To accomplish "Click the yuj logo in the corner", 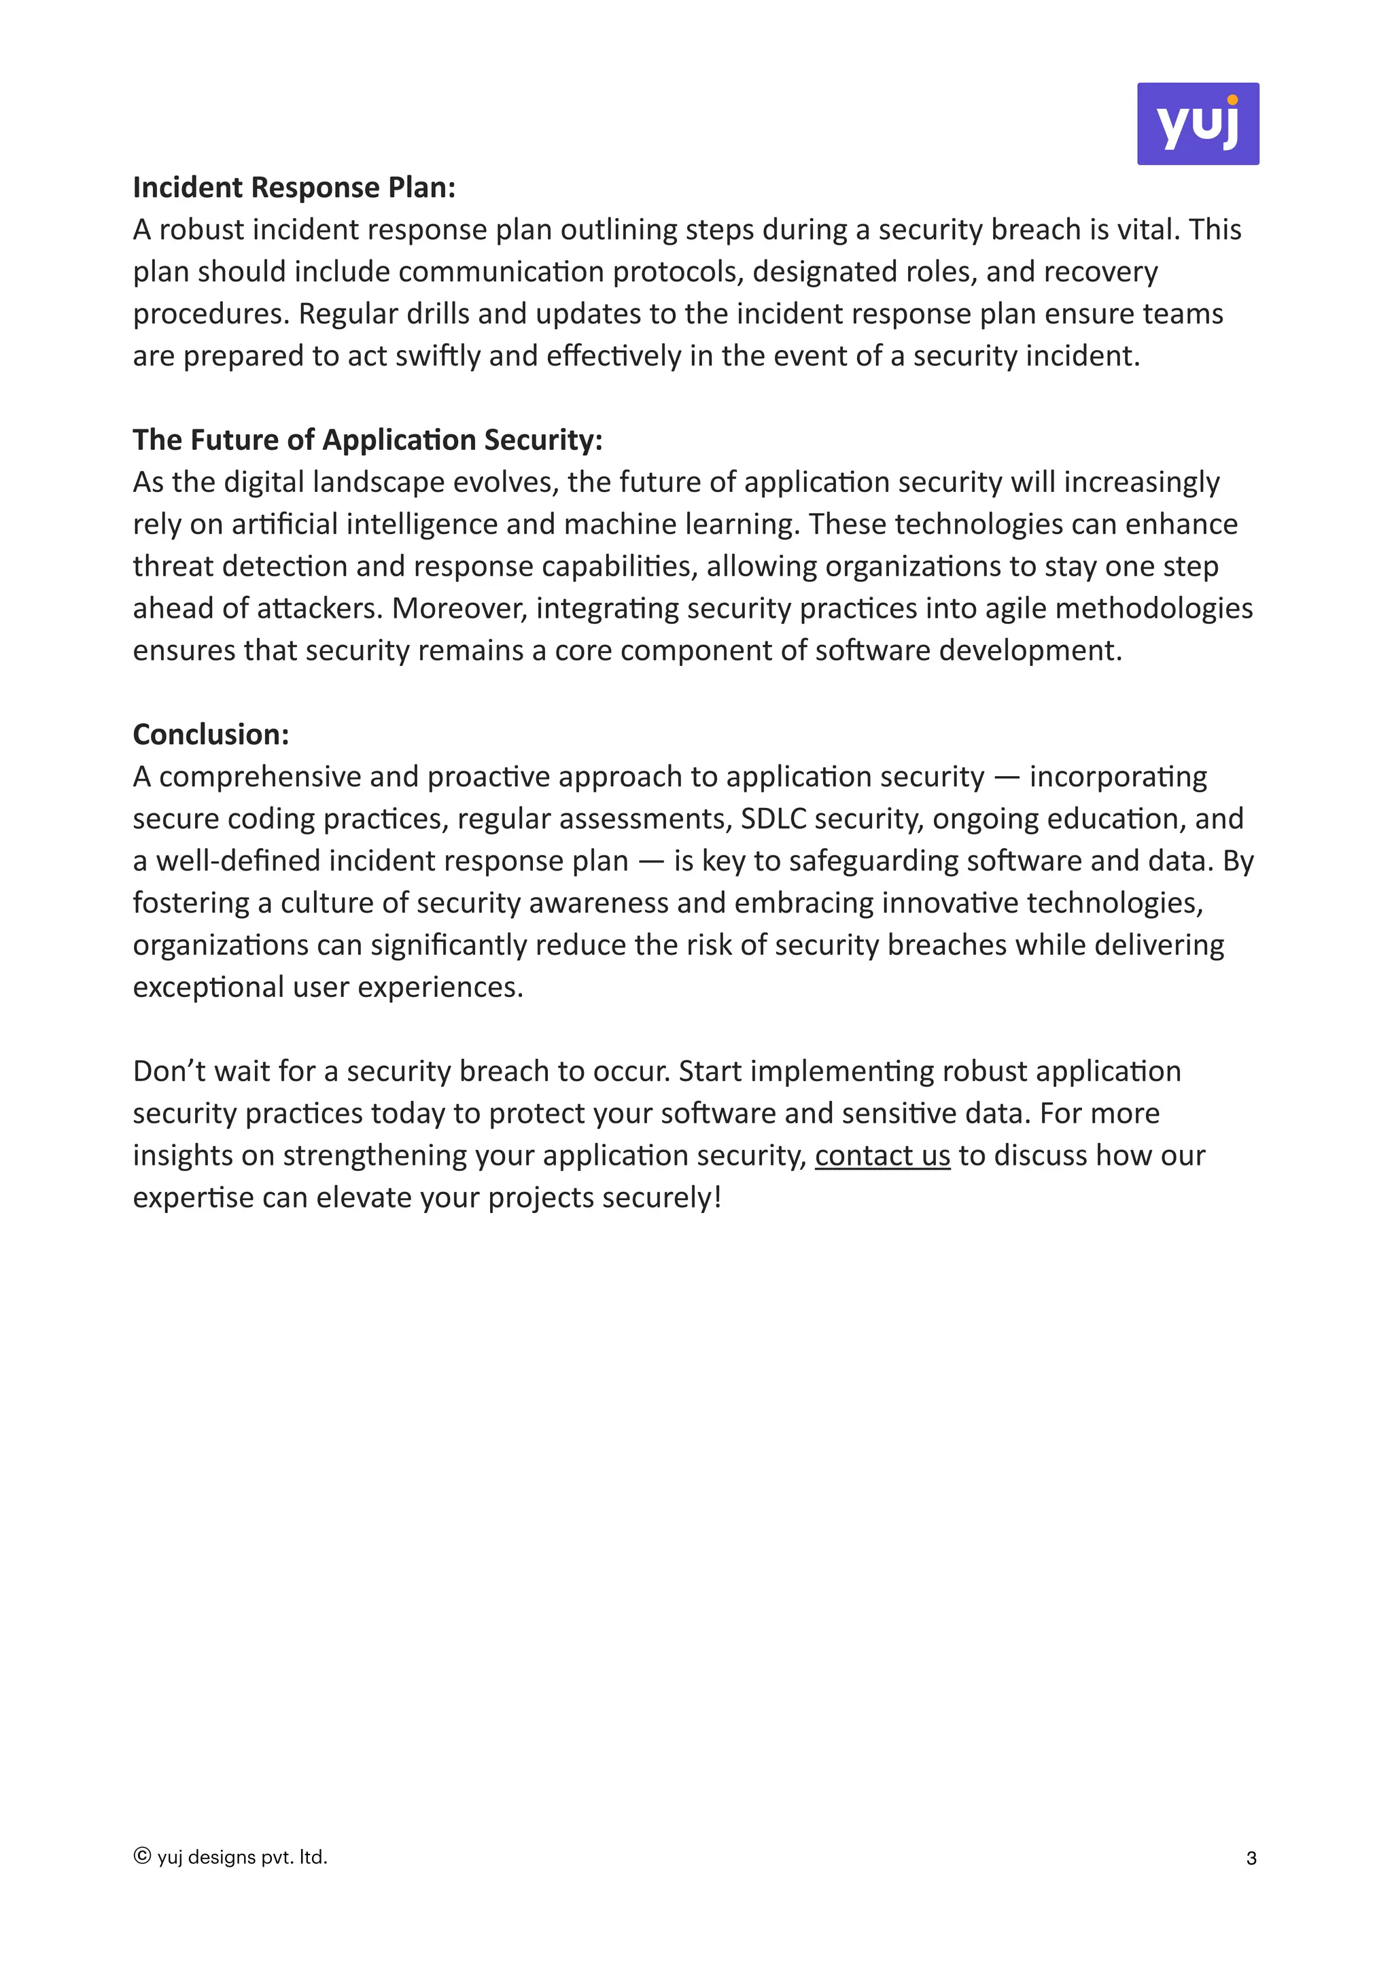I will point(1198,124).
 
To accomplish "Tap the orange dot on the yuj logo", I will point(1232,101).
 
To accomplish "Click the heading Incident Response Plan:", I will point(294,188).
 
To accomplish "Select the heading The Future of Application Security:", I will point(368,440).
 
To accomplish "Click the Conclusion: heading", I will point(211,735).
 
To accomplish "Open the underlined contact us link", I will point(882,1155).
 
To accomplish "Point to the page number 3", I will point(1251,1859).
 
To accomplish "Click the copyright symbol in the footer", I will point(142,1857).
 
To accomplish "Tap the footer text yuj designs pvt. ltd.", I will point(243,1857).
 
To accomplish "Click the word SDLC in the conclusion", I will point(773,819).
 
